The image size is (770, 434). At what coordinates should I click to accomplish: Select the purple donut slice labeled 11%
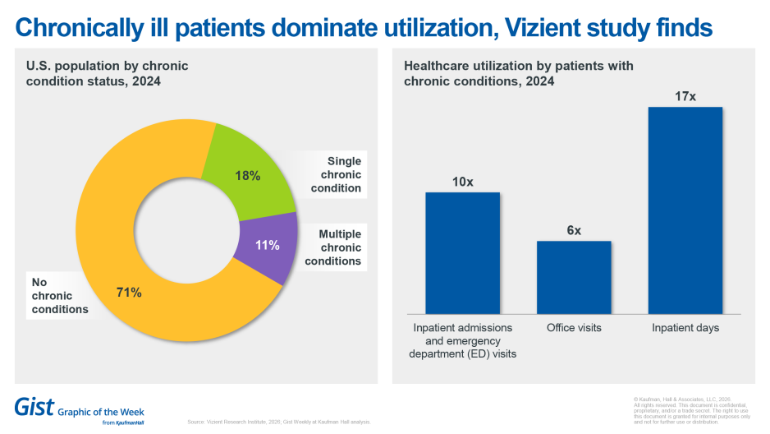click(267, 244)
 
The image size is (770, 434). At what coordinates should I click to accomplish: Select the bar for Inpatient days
click(685, 210)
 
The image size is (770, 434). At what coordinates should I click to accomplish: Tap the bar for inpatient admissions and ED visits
click(462, 252)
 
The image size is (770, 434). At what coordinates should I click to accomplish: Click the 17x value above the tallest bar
click(685, 96)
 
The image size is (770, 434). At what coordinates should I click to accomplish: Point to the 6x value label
click(574, 230)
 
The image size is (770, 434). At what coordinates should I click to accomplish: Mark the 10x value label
click(462, 182)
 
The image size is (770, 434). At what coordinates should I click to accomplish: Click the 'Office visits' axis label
click(574, 328)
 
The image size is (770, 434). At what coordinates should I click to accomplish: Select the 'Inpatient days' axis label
click(685, 328)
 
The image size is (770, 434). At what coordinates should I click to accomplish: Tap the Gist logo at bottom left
click(34, 406)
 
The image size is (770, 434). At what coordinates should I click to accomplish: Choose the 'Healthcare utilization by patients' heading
click(518, 74)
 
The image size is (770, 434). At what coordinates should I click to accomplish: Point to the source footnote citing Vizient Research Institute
click(279, 422)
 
